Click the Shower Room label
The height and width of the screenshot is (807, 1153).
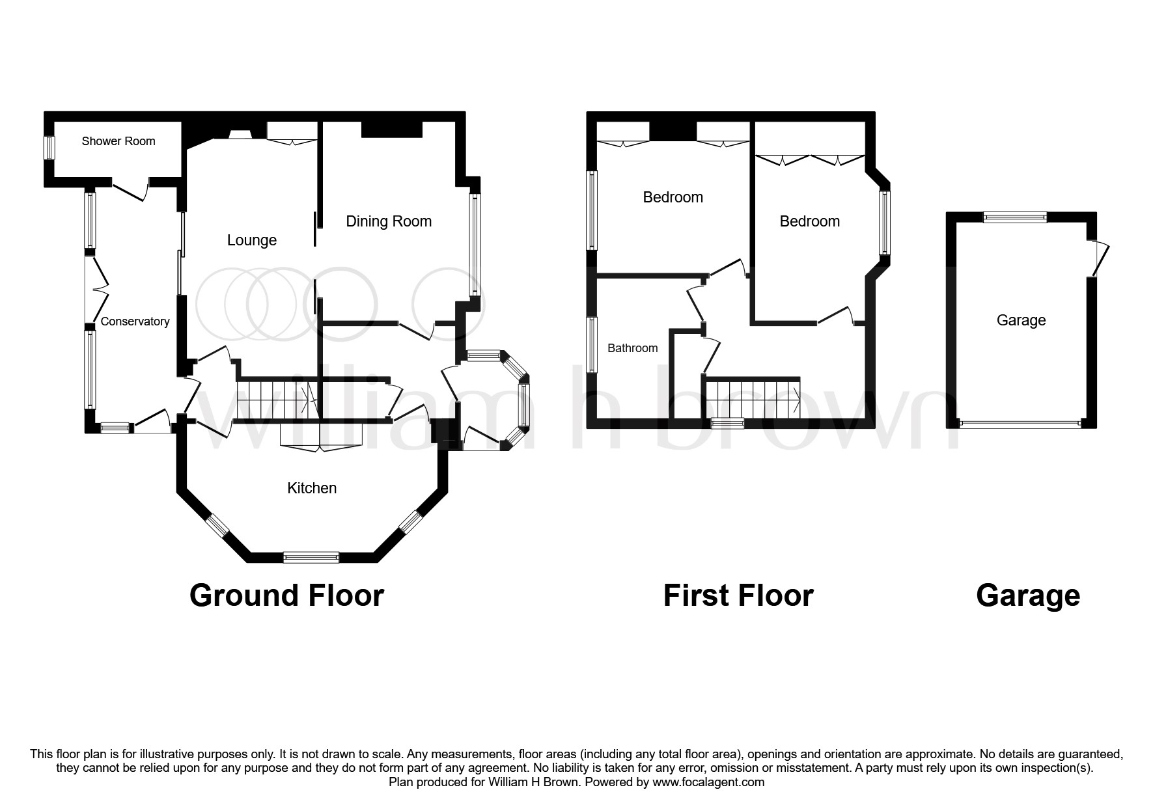click(118, 141)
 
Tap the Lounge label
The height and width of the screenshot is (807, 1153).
click(252, 240)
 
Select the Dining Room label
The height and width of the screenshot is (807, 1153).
click(389, 221)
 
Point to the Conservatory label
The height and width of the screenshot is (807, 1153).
click(135, 321)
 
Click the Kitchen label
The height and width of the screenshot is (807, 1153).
click(312, 488)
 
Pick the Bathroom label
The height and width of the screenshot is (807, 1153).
click(632, 348)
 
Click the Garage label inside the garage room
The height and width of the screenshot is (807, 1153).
click(1021, 320)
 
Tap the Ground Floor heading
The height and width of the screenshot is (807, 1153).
click(286, 595)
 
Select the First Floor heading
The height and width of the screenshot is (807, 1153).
click(738, 595)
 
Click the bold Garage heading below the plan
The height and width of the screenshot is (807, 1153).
click(1027, 595)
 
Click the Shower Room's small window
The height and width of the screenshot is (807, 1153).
click(48, 147)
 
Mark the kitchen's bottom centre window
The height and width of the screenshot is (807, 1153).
click(311, 557)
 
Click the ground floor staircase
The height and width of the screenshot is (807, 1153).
click(274, 398)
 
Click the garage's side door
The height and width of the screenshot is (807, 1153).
click(1098, 258)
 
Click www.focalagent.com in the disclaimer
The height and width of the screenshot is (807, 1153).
click(707, 782)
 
